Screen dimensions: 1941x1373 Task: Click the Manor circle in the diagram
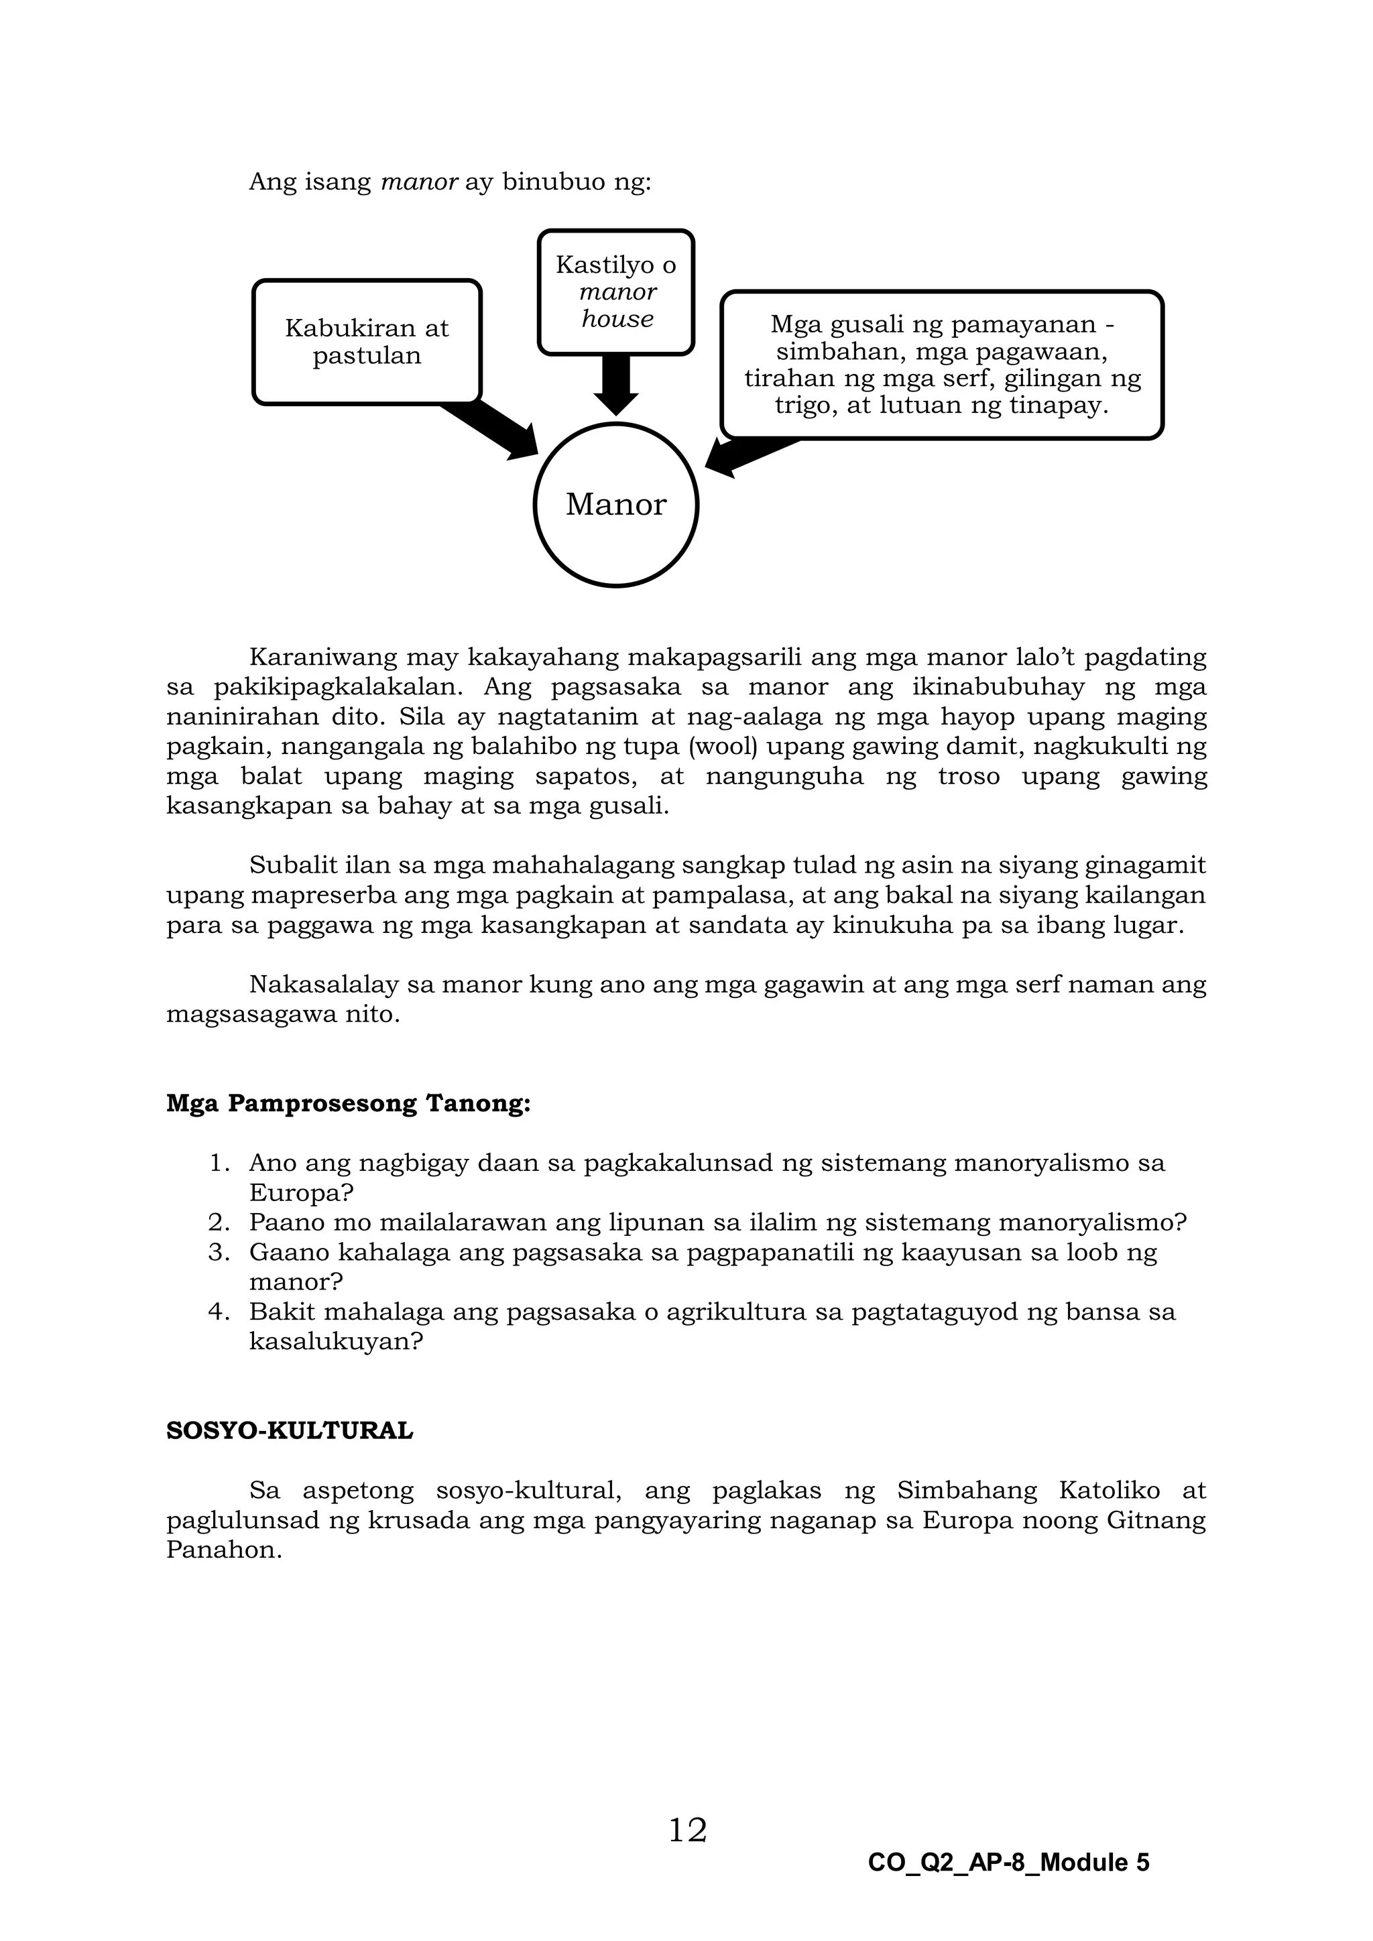[x=615, y=505]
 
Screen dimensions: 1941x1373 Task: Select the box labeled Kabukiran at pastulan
[x=367, y=342]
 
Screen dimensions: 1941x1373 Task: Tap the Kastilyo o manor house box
[x=615, y=292]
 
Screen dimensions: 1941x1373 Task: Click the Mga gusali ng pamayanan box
[x=942, y=365]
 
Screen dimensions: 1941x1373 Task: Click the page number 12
[x=687, y=1831]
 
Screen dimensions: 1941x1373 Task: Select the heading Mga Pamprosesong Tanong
[x=349, y=1104]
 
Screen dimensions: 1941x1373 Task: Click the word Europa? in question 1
[x=301, y=1193]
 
